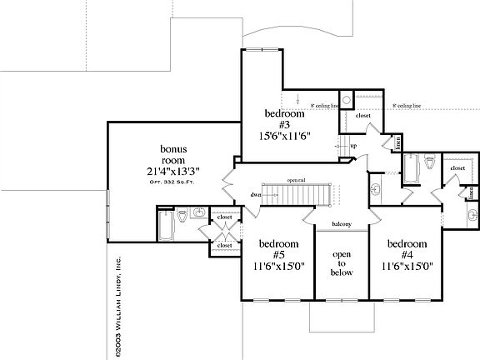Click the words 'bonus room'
click(173, 156)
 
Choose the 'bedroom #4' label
click(407, 250)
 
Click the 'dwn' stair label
click(255, 193)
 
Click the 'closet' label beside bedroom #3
click(363, 116)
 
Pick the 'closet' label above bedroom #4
click(457, 167)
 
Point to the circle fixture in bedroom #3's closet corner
click(347, 97)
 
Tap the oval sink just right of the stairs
click(376, 189)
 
